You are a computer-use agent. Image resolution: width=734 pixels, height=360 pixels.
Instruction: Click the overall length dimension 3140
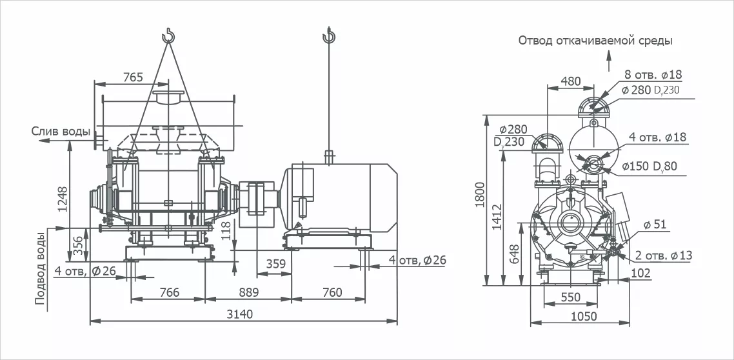coord(241,314)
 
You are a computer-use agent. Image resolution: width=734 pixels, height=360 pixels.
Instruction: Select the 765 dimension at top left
coord(132,77)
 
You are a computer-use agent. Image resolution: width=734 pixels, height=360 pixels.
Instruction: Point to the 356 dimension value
coord(78,243)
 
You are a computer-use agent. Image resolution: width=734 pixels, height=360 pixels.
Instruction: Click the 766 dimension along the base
coord(168,293)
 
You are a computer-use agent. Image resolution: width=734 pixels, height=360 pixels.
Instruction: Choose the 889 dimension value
coord(248,293)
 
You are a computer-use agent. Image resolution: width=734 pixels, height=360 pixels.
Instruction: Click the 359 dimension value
coord(275,264)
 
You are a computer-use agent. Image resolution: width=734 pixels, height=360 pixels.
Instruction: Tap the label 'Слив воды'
coord(61,132)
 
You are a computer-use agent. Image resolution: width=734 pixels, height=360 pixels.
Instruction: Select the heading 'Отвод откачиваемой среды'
coord(595,41)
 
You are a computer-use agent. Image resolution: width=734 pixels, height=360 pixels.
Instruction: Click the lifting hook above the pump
coord(168,35)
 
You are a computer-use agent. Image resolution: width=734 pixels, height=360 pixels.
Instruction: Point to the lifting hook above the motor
coord(329,35)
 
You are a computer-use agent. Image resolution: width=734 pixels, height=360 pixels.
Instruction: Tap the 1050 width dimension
coord(583,316)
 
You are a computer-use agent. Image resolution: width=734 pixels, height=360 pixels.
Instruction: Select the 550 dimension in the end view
coord(570,297)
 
